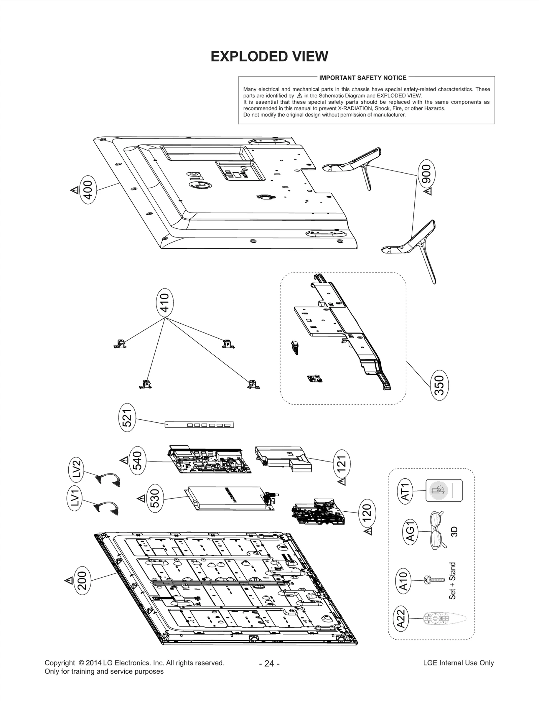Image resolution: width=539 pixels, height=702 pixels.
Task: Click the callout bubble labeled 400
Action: point(88,190)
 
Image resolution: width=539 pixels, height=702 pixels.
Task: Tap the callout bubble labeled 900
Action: point(427,174)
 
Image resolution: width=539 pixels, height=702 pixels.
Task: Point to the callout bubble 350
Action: point(440,385)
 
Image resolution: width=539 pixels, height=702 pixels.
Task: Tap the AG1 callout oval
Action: point(411,532)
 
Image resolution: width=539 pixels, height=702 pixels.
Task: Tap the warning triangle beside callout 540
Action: point(124,460)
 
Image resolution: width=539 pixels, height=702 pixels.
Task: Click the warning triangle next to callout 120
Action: point(369,532)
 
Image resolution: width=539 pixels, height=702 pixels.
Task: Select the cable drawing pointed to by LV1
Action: point(108,508)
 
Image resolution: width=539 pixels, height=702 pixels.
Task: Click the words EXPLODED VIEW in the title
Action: point(269,57)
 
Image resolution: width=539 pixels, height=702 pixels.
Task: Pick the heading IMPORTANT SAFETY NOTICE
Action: point(362,78)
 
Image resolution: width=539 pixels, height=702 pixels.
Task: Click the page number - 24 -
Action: point(269,663)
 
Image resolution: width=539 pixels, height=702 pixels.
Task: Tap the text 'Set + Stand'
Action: point(452,581)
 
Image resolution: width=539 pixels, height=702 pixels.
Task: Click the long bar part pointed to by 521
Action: point(199,425)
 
